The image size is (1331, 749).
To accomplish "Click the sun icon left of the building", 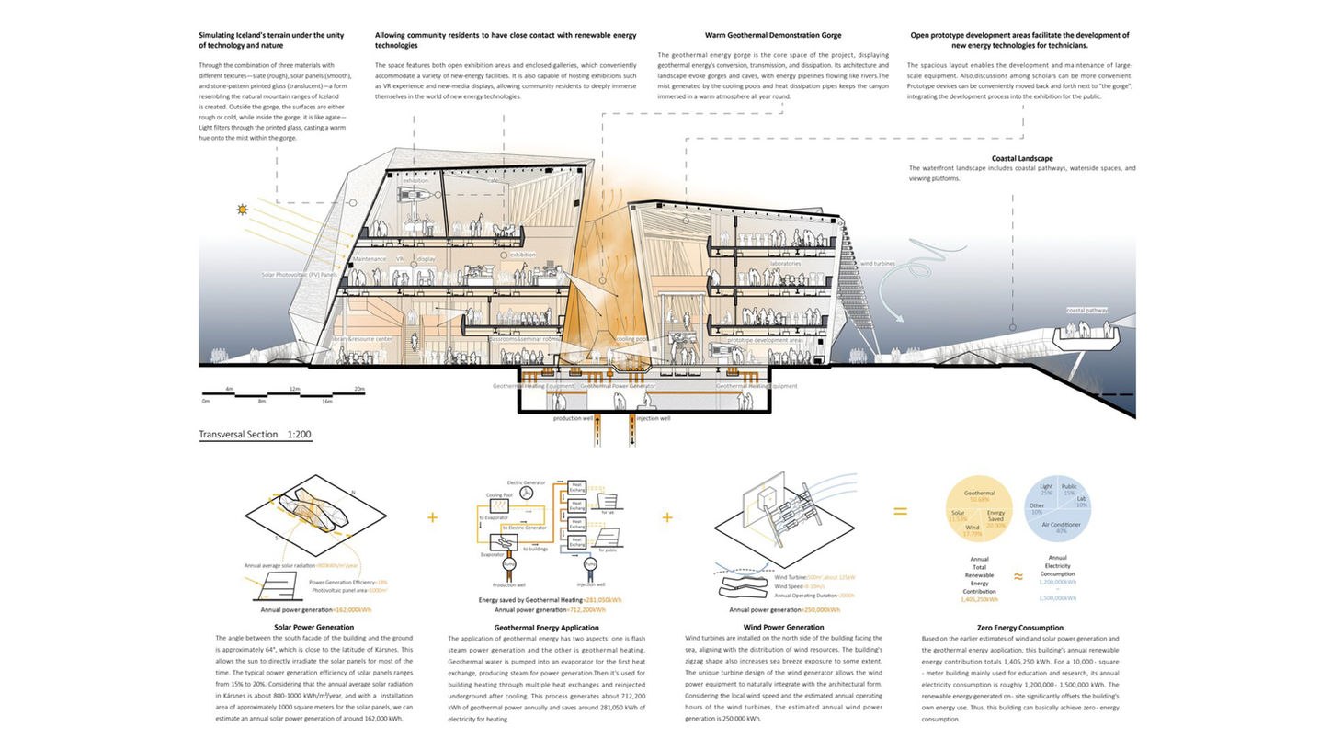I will click(x=243, y=210).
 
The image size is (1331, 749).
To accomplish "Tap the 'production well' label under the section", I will click(x=573, y=418).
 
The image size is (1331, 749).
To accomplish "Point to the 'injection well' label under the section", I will click(x=653, y=418).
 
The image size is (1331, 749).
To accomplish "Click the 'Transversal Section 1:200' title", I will click(x=255, y=434).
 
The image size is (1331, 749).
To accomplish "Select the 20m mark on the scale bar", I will click(x=359, y=389).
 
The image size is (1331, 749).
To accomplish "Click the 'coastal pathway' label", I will click(x=1087, y=311).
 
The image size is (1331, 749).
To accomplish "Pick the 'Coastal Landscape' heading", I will click(x=1022, y=158).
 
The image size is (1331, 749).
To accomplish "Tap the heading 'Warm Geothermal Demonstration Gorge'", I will click(x=773, y=35).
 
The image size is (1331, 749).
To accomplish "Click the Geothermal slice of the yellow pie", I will click(x=980, y=495).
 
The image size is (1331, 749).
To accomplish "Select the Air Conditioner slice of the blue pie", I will click(x=1062, y=524).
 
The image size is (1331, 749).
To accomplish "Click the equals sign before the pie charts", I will click(x=900, y=511).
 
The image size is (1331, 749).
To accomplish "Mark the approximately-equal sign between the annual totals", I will click(x=1018, y=576).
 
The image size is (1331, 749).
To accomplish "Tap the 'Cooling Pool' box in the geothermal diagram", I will click(x=502, y=505).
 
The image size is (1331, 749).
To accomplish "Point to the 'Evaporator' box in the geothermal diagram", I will click(x=493, y=553).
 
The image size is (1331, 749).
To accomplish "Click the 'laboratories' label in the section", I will click(x=785, y=264).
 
